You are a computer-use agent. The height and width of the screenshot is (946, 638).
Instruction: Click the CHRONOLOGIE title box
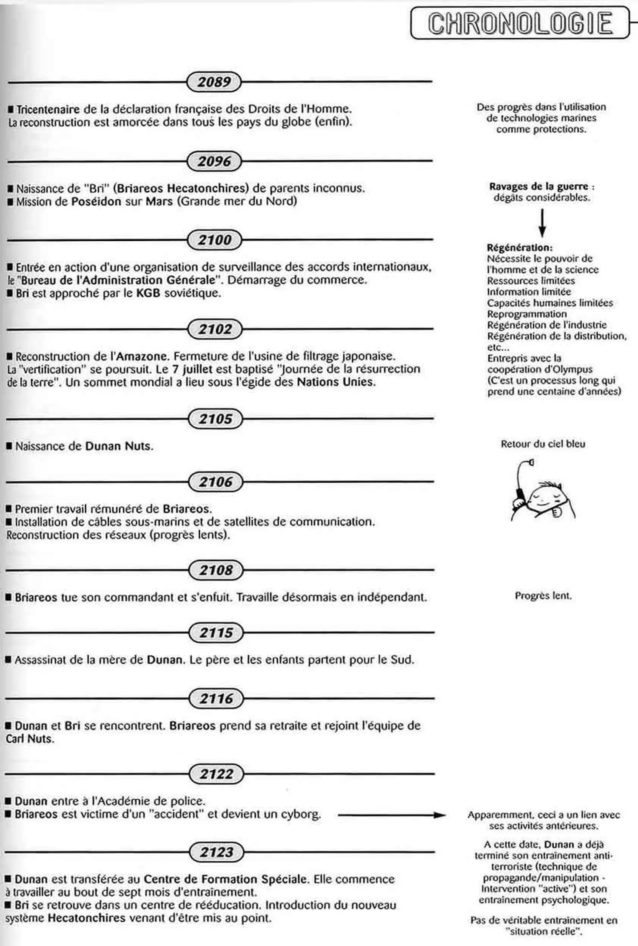[x=520, y=23]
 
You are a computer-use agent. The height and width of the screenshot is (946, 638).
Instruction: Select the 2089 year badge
[x=214, y=82]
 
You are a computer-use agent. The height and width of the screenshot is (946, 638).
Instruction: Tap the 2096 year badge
[x=214, y=161]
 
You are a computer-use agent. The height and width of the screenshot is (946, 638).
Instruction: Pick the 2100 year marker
[x=214, y=240]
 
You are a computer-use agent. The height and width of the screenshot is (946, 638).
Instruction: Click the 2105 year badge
[x=215, y=419]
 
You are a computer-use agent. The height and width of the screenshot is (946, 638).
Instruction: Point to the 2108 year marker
[x=216, y=570]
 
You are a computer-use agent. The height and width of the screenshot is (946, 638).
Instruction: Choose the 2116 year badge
[x=216, y=699]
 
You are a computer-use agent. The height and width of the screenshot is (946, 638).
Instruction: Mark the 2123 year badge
[x=216, y=852]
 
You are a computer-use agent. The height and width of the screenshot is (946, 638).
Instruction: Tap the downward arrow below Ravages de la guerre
[x=542, y=223]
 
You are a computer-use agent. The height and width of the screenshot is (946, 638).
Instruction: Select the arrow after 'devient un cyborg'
[x=391, y=815]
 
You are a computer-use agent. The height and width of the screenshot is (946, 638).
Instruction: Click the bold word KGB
[x=148, y=293]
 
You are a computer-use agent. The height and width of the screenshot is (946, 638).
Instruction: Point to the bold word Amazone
[x=143, y=356]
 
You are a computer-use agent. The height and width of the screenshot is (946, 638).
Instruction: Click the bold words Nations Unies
[x=336, y=382]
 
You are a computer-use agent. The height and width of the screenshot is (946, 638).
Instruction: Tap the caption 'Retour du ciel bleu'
[x=543, y=444]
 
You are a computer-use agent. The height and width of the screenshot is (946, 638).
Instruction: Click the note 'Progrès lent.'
[x=543, y=596]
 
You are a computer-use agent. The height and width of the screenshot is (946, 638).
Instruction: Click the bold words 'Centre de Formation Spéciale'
[x=225, y=879]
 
